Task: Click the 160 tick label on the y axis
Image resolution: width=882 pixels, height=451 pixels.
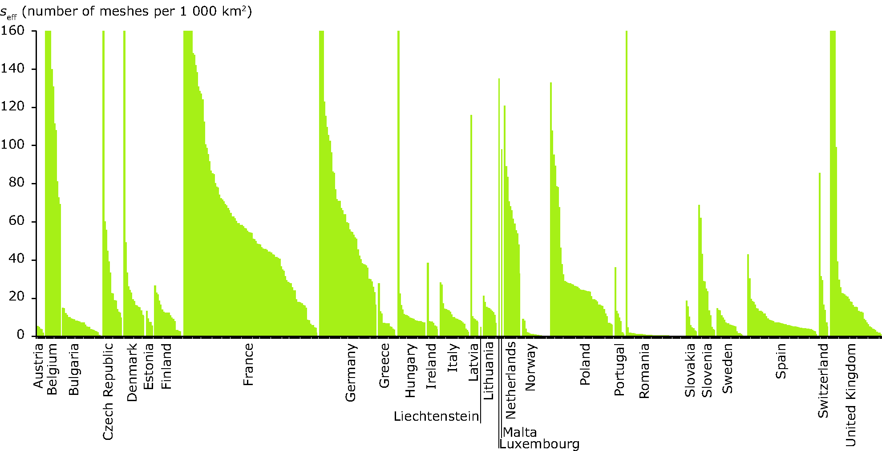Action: click(x=12, y=30)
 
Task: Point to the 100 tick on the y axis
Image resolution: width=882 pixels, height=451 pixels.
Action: click(x=12, y=144)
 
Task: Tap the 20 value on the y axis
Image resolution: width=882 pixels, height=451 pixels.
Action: click(x=16, y=297)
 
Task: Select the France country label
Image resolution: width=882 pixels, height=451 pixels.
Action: click(x=248, y=364)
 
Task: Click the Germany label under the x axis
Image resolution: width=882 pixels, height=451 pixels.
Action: click(x=351, y=373)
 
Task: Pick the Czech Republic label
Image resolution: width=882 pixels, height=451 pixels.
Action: click(x=108, y=391)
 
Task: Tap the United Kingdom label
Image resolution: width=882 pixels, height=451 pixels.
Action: click(x=850, y=394)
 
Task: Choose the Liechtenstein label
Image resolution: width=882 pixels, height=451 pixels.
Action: click(x=436, y=416)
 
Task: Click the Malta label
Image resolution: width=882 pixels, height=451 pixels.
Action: click(x=520, y=432)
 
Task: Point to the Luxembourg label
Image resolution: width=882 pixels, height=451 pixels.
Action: click(x=539, y=444)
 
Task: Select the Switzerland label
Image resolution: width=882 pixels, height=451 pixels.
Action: click(x=823, y=381)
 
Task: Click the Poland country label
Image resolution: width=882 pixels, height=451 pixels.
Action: click(x=585, y=364)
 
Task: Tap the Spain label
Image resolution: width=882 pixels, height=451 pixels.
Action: click(x=781, y=361)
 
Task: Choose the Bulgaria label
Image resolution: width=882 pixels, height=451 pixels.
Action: click(x=74, y=369)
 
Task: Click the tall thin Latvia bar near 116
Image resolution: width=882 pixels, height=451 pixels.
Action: click(x=471, y=223)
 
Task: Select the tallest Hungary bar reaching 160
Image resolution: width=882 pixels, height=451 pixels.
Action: click(x=398, y=178)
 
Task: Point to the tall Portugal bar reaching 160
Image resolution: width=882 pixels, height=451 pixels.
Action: click(x=626, y=178)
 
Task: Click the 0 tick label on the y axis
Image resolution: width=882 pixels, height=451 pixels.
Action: click(x=20, y=335)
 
